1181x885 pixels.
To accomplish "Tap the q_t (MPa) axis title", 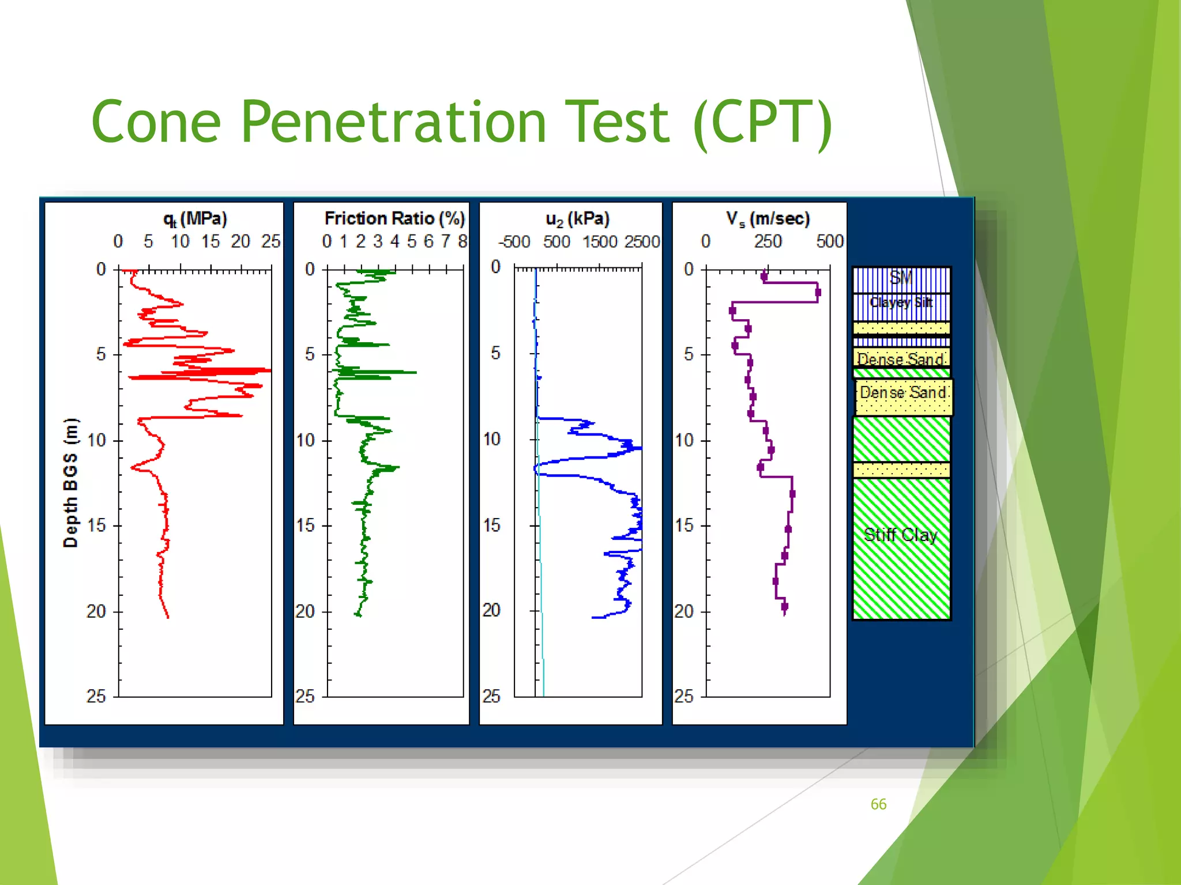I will pyautogui.click(x=195, y=219).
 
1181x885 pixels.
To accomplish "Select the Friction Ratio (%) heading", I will pyautogui.click(x=394, y=218).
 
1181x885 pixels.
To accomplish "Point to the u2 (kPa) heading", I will pyautogui.click(x=577, y=219).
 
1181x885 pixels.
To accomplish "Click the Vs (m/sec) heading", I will pyautogui.click(x=768, y=219).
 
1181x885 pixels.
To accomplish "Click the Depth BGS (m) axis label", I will pyautogui.click(x=70, y=482).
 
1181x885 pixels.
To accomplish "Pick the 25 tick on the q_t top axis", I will pyautogui.click(x=270, y=241).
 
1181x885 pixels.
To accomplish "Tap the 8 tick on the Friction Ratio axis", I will pyautogui.click(x=462, y=241).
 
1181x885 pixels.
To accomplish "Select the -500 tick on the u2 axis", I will pyautogui.click(x=514, y=241).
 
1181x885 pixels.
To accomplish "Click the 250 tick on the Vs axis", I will pyautogui.click(x=768, y=241).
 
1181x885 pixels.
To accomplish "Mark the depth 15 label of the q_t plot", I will pyautogui.click(x=96, y=525).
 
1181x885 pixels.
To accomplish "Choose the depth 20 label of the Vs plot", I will pyautogui.click(x=684, y=611).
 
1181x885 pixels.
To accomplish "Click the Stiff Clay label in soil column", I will pyautogui.click(x=900, y=535).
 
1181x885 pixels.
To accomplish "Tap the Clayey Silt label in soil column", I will pyautogui.click(x=901, y=302).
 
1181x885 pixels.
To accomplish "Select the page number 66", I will pyautogui.click(x=878, y=804).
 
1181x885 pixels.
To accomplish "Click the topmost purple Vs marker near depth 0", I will pyautogui.click(x=764, y=277).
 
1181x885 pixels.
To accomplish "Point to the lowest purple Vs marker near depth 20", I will pyautogui.click(x=784, y=607).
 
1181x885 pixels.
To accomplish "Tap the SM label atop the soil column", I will pyautogui.click(x=900, y=278).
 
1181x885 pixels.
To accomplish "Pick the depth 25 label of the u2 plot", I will pyautogui.click(x=491, y=697).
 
